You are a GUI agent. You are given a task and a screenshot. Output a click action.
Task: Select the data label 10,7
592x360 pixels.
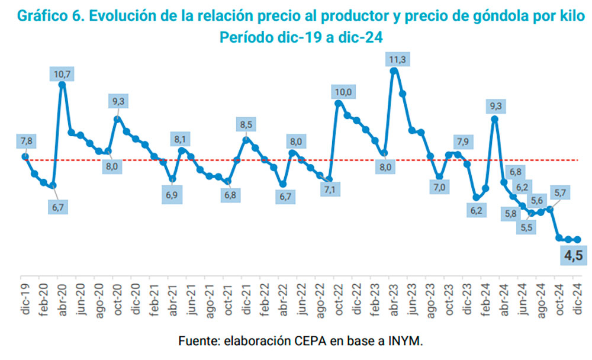click(62, 74)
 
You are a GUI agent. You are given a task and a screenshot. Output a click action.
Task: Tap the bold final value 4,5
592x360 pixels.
click(572, 256)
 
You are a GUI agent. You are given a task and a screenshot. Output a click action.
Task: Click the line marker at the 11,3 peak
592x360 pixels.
click(394, 71)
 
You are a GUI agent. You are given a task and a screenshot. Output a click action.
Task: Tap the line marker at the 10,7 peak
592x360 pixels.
click(62, 84)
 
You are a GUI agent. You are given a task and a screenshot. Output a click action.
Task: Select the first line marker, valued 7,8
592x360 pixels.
click(25, 156)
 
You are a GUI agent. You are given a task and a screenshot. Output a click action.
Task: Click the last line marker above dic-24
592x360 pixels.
click(578, 239)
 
